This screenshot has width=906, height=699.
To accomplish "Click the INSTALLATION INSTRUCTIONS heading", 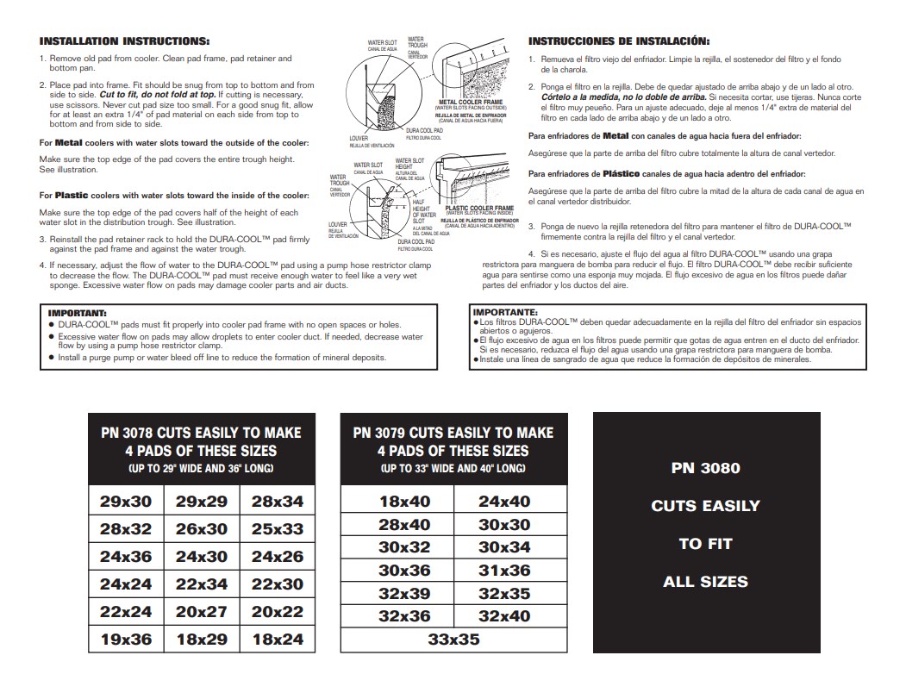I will point(124,41).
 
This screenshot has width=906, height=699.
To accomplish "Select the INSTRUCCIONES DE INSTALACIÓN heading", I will point(619,41).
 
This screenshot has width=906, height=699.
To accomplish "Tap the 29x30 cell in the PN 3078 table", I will point(126,501).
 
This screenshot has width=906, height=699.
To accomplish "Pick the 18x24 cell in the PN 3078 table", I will point(277,640).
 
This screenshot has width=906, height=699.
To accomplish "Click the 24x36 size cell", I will point(126,557).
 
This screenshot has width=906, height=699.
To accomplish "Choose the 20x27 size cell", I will point(201,612).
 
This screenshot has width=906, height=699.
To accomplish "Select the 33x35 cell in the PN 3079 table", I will point(453,640).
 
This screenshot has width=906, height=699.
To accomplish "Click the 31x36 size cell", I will point(504,570).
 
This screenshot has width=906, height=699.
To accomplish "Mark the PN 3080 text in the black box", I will point(705,469).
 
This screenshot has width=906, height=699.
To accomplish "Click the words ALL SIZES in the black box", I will point(705,582).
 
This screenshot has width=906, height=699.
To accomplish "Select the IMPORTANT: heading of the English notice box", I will point(77,312).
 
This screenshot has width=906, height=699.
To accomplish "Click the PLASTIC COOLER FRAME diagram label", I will point(479,208).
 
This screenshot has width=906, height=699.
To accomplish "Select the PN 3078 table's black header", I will point(201,448).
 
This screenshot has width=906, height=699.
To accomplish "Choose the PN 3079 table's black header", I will point(453,448).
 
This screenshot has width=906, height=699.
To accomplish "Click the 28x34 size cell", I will point(277,501).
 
